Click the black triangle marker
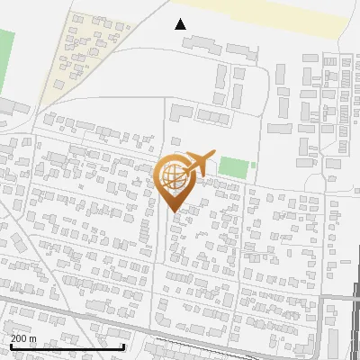pyautogui.click(x=181, y=24)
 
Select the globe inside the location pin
pyautogui.click(x=174, y=175)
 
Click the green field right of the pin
pyautogui.click(x=234, y=167)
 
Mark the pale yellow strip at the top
pyautogui.click(x=270, y=13)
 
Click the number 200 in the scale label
pyautogui.click(x=19, y=339)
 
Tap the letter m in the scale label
pyautogui.click(x=33, y=339)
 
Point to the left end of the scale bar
pyautogui.click(x=11, y=346)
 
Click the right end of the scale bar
pyautogui.click(x=123, y=346)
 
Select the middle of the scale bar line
pyautogui.click(x=67, y=346)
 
